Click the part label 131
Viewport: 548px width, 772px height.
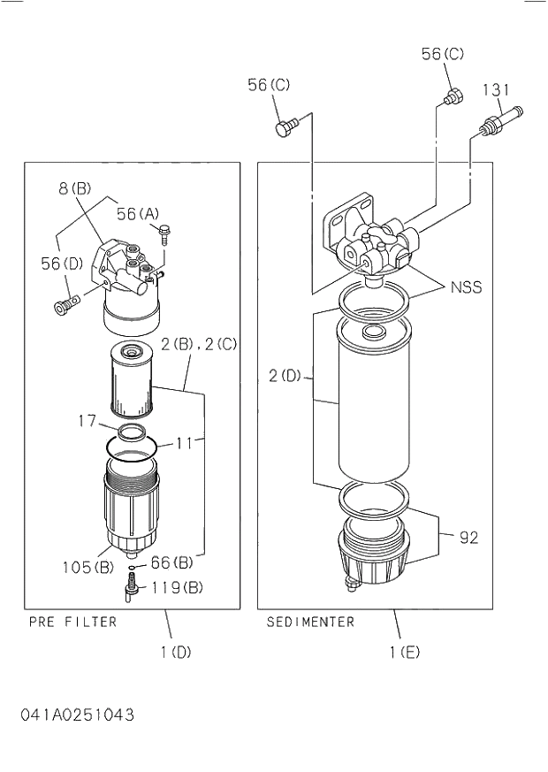tap(498, 89)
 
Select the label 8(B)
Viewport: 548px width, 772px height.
tap(75, 187)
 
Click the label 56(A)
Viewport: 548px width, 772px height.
tap(138, 213)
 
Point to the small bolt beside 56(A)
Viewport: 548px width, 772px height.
tap(165, 233)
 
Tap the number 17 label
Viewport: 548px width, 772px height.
tap(87, 422)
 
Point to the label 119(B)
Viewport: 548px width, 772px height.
tap(178, 587)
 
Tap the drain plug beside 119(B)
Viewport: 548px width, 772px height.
tap(132, 587)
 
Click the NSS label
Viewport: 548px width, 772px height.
tap(466, 287)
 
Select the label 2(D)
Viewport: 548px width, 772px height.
tap(285, 376)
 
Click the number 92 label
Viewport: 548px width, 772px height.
tap(468, 537)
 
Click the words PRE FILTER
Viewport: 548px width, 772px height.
tap(72, 622)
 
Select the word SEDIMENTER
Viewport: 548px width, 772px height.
tap(310, 622)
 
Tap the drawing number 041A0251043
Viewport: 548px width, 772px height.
tap(78, 715)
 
